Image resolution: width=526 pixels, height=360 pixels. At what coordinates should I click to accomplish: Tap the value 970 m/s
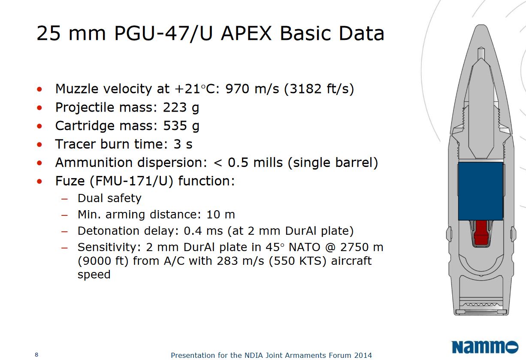(x=252, y=89)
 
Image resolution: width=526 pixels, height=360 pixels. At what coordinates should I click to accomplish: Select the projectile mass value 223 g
(x=181, y=108)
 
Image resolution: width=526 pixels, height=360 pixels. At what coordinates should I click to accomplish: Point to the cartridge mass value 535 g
(x=181, y=126)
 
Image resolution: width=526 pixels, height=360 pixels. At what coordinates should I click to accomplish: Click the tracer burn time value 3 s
(x=183, y=144)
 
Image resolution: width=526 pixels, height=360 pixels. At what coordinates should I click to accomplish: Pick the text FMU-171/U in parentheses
(x=131, y=181)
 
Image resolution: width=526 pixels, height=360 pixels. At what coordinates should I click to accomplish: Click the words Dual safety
(x=109, y=198)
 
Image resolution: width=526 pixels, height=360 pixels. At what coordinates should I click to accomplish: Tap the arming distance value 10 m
(x=221, y=215)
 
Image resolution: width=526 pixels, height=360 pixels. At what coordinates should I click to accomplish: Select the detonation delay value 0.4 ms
(x=203, y=231)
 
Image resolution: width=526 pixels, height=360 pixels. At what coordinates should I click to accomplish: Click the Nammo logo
(x=485, y=347)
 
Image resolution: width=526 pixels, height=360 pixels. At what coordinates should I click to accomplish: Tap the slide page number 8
(x=36, y=354)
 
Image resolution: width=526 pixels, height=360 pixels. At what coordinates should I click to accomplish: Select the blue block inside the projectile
(x=481, y=191)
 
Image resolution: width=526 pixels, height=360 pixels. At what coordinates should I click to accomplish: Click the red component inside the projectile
(x=481, y=233)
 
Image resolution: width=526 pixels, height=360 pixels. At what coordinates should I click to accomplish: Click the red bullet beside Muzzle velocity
(x=39, y=89)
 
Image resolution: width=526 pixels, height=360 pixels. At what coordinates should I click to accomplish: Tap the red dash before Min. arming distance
(x=65, y=215)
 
